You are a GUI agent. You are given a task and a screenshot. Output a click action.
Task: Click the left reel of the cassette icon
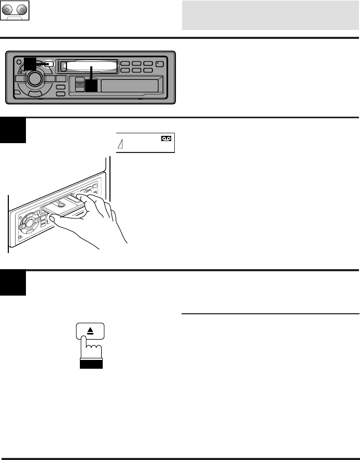click(x=8, y=10)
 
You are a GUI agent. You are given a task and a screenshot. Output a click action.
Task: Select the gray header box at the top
click(x=270, y=15)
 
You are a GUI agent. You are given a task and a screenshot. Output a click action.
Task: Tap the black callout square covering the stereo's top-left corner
click(x=30, y=64)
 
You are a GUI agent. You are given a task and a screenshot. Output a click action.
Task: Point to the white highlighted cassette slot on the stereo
click(x=88, y=66)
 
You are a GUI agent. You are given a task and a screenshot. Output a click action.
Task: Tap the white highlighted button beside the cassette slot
click(x=49, y=65)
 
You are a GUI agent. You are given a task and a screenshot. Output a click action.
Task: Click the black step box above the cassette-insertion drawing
click(x=13, y=131)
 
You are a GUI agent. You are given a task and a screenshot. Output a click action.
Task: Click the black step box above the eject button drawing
click(x=13, y=283)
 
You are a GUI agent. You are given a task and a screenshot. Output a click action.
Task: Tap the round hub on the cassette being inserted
click(x=61, y=204)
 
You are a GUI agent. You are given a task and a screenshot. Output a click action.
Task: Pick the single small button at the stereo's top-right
click(x=159, y=64)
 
